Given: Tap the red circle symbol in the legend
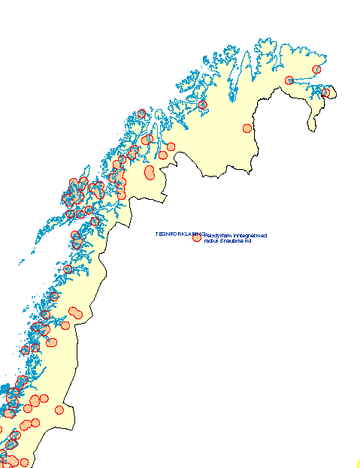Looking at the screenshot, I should pyautogui.click(x=197, y=239).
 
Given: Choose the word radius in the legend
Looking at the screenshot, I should pyautogui.click(x=211, y=240).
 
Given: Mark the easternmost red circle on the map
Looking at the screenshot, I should pyautogui.click(x=325, y=92).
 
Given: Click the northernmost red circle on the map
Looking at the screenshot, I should pyautogui.click(x=316, y=69).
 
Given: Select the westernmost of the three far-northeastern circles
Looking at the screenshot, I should pyautogui.click(x=289, y=80).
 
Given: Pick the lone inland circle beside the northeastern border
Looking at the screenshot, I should pyautogui.click(x=247, y=128).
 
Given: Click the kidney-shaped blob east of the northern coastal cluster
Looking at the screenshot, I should pyautogui.click(x=149, y=173).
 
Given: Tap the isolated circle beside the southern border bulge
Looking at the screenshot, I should pyautogui.click(x=59, y=409).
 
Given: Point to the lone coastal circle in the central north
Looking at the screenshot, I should pyautogui.click(x=202, y=105).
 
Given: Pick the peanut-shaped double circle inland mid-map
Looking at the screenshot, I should pyautogui.click(x=75, y=313).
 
